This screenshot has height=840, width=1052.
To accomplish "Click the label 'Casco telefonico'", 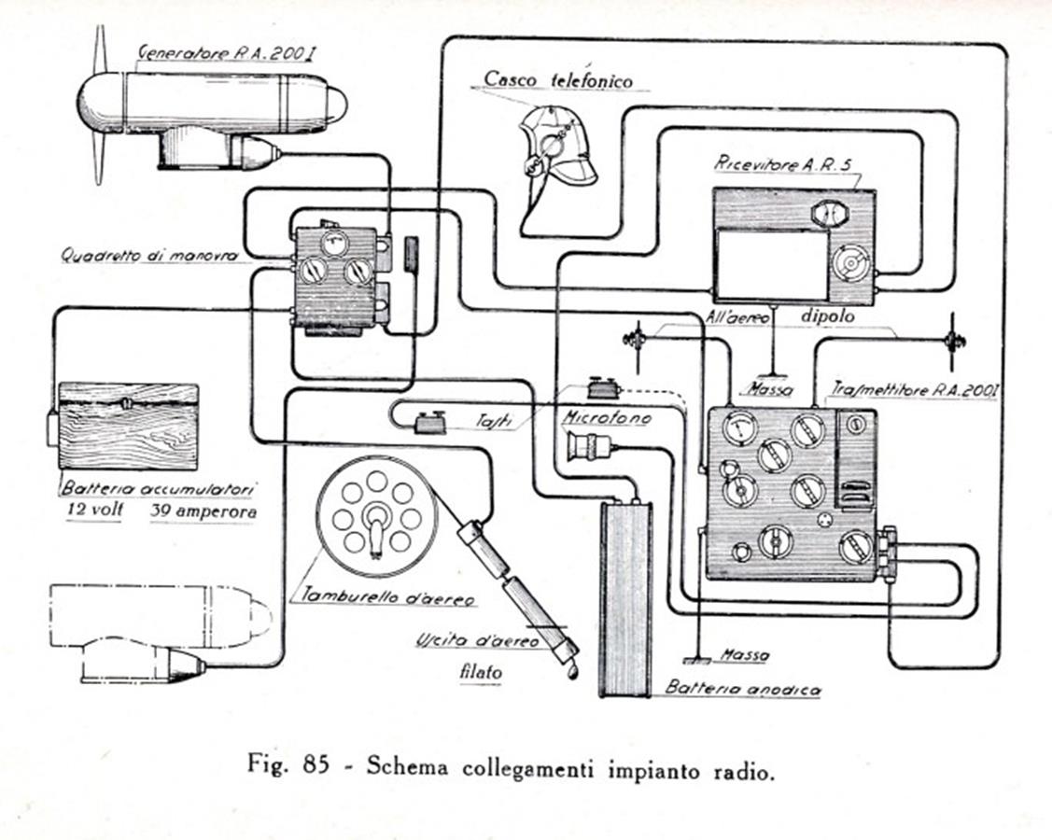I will (x=557, y=79).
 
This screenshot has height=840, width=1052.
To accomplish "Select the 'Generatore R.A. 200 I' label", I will (x=225, y=53).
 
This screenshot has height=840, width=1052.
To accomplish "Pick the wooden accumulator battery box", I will (x=128, y=426).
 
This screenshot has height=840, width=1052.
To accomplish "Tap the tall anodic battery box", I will (x=623, y=597).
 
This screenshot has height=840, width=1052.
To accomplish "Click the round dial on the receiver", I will (x=851, y=264).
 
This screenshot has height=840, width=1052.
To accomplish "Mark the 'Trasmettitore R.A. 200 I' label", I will (x=914, y=391).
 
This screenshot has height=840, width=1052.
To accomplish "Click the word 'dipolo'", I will (x=827, y=316).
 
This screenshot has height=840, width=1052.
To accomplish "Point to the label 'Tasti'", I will (x=497, y=422).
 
